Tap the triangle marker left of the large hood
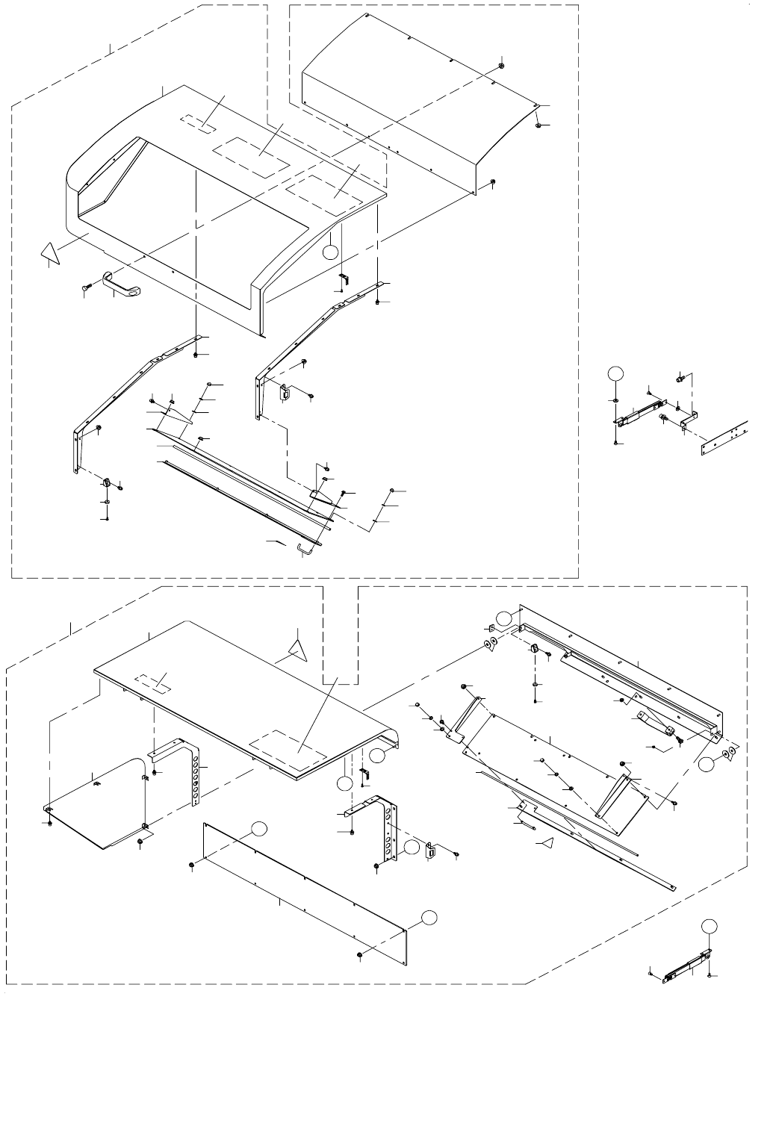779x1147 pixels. (x=50, y=253)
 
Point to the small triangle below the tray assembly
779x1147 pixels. (x=547, y=844)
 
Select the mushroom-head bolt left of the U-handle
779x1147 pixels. (x=84, y=287)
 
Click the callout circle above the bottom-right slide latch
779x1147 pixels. (x=709, y=926)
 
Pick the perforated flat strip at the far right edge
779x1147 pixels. (x=724, y=439)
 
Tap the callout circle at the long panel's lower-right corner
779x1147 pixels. (x=426, y=917)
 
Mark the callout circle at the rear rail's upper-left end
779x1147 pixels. (x=506, y=617)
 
